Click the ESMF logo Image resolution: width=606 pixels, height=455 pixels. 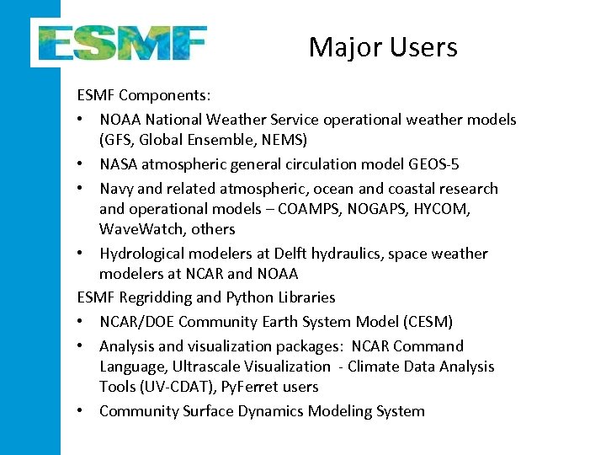click(120, 41)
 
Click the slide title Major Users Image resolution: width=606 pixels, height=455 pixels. click(383, 47)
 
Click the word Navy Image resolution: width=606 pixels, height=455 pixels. click(117, 189)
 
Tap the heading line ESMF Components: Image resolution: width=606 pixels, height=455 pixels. click(144, 95)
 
